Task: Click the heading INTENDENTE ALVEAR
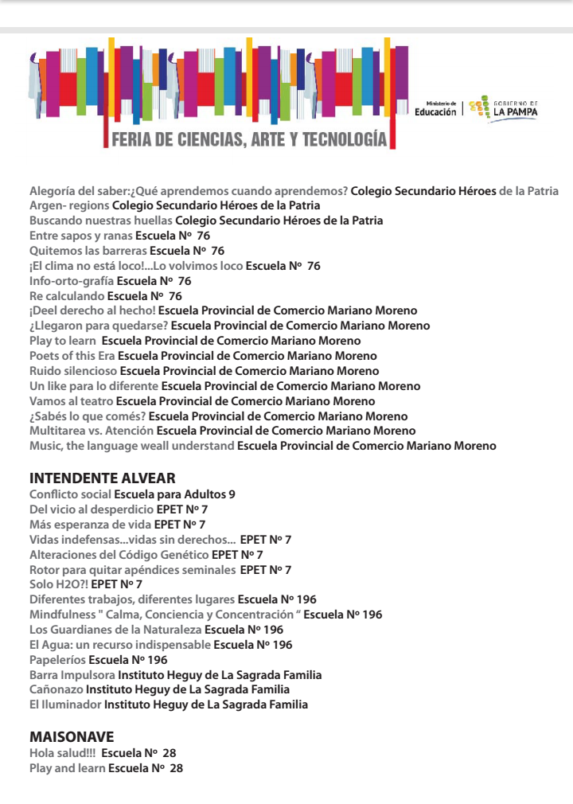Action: pyautogui.click(x=102, y=478)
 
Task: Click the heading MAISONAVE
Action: pyautogui.click(x=72, y=737)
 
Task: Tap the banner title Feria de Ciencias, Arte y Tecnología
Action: pyautogui.click(x=249, y=140)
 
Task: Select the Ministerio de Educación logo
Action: pyautogui.click(x=435, y=109)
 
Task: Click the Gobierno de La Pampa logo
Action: pyautogui.click(x=504, y=108)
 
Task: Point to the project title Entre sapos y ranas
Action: pyautogui.click(x=80, y=236)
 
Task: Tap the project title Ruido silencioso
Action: pyautogui.click(x=72, y=371)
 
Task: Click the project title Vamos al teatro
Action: pyautogui.click(x=71, y=401)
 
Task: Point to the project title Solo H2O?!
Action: pyautogui.click(x=58, y=584)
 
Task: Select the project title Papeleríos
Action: pyautogui.click(x=57, y=660)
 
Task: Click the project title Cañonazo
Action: pyautogui.click(x=56, y=689)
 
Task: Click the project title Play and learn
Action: pyautogui.click(x=67, y=768)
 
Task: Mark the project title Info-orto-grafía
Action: pyautogui.click(x=72, y=281)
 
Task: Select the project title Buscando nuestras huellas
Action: pyautogui.click(x=100, y=221)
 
